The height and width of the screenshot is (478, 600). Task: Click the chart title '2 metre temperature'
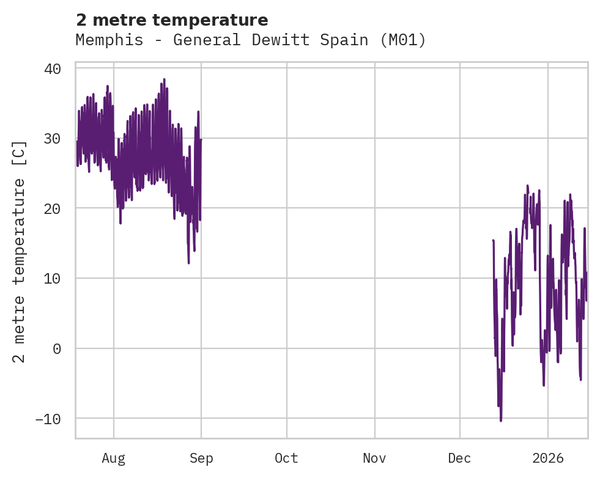[172, 20]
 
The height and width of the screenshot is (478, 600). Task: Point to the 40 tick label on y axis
[53, 68]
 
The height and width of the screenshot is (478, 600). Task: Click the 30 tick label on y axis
[53, 139]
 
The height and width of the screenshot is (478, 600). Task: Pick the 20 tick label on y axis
[53, 208]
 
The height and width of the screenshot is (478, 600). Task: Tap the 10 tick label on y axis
[53, 279]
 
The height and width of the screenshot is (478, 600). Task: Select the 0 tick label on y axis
[57, 348]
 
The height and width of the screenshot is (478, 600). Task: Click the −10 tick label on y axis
[48, 419]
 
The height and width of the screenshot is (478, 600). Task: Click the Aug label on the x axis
[114, 458]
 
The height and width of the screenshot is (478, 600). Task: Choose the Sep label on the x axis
[201, 458]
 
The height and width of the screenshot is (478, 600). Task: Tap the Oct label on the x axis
[286, 458]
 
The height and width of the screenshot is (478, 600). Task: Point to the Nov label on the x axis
[374, 458]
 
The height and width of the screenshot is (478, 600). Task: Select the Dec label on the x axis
[459, 458]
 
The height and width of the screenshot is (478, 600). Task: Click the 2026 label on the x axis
[548, 458]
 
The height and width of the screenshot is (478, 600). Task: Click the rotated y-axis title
[20, 252]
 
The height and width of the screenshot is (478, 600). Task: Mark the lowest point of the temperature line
[501, 421]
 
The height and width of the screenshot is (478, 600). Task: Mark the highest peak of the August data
[164, 79]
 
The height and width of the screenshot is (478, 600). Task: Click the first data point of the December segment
[493, 241]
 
